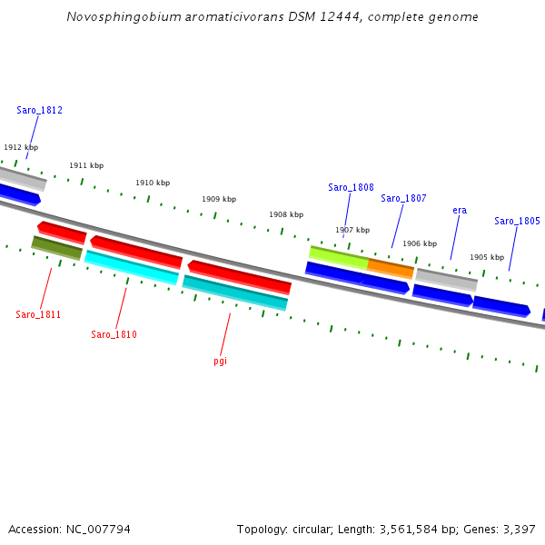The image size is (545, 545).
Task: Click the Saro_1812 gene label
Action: [39, 111]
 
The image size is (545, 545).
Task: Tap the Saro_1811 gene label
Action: [38, 315]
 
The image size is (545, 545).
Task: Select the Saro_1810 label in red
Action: [114, 335]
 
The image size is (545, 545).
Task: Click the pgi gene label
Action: [221, 362]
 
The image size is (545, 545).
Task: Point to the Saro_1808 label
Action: [351, 188]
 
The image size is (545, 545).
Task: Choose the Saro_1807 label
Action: [403, 199]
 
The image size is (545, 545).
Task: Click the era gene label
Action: [460, 211]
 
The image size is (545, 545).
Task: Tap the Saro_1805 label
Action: [517, 222]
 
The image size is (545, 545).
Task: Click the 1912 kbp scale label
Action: [21, 147]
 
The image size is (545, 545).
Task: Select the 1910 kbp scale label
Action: [153, 183]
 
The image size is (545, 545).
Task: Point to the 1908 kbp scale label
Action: [286, 215]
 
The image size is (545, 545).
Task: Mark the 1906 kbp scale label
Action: [420, 243]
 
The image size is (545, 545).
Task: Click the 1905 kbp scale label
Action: [487, 257]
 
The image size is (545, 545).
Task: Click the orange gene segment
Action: [391, 268]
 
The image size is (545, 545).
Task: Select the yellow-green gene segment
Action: [338, 257]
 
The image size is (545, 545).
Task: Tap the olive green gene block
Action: [56, 247]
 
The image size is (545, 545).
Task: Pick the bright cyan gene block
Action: [132, 267]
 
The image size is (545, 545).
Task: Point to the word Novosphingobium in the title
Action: [118, 17]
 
